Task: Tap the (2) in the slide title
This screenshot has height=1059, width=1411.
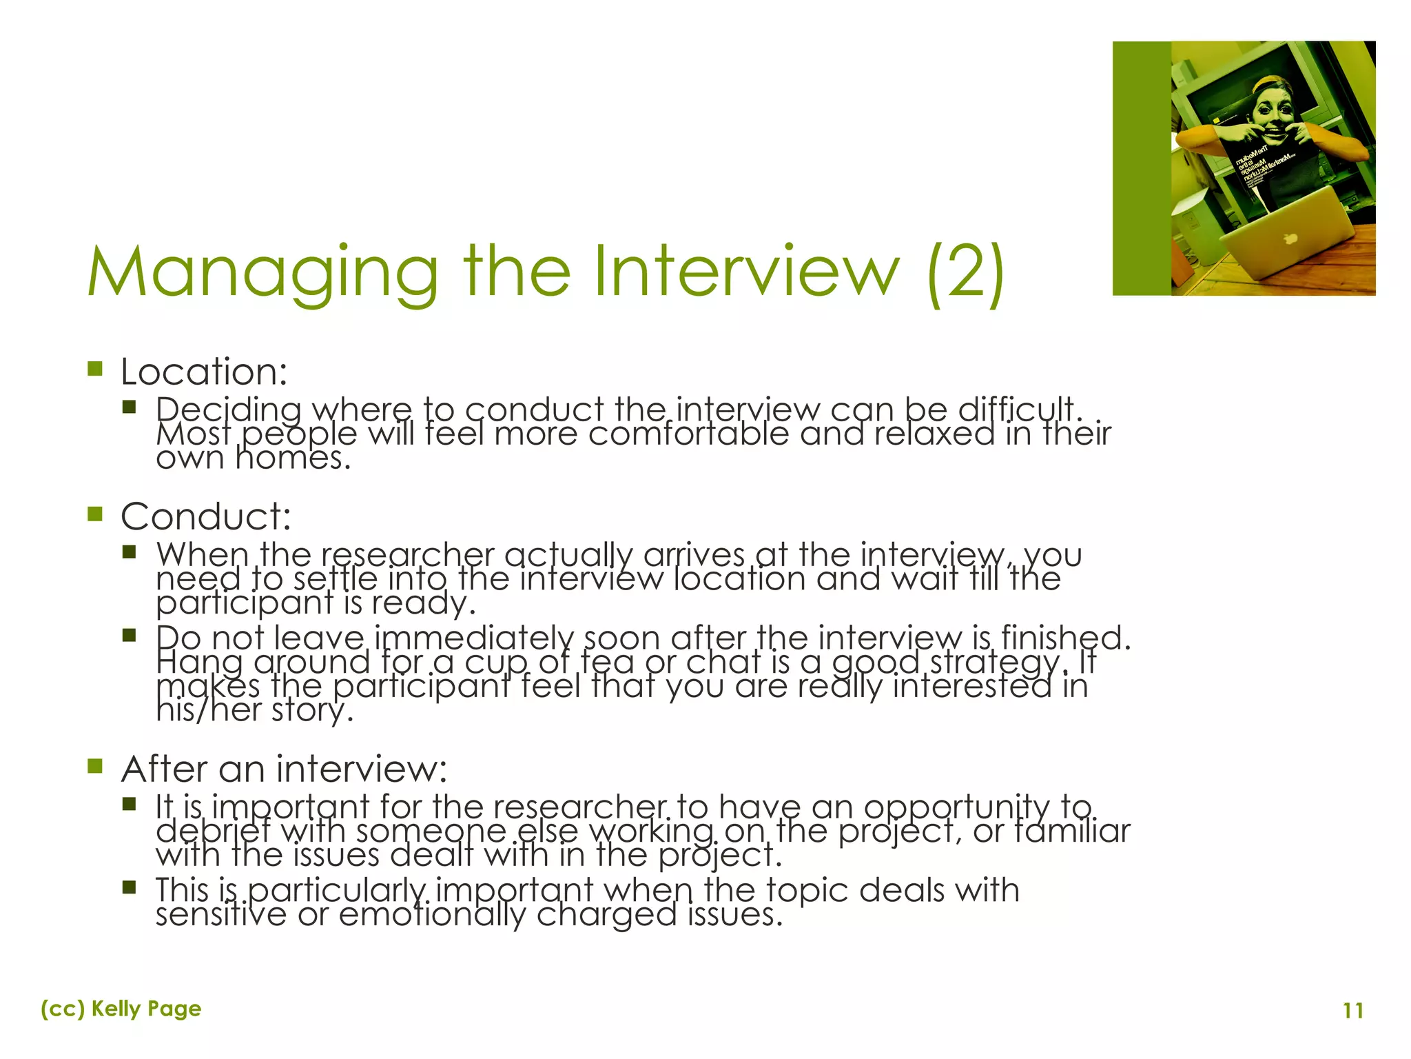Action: (965, 274)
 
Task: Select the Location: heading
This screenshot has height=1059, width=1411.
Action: (204, 372)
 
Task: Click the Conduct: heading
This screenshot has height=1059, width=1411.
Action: (206, 516)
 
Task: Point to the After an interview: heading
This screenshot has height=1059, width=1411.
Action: (284, 769)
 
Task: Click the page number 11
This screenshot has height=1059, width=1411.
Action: (1353, 1011)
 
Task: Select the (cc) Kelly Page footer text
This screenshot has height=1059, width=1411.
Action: (121, 1009)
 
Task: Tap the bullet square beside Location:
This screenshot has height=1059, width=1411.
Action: (95, 369)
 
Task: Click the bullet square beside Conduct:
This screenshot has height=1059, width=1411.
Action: (95, 514)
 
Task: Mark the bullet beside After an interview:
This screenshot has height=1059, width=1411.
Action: (95, 766)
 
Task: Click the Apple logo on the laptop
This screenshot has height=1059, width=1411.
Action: (1289, 239)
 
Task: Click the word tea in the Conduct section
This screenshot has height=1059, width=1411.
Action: (606, 663)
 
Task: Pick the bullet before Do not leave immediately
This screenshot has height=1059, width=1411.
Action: (130, 635)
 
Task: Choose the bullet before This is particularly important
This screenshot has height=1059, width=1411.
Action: (130, 887)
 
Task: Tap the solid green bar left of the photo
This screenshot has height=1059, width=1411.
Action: (1142, 168)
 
